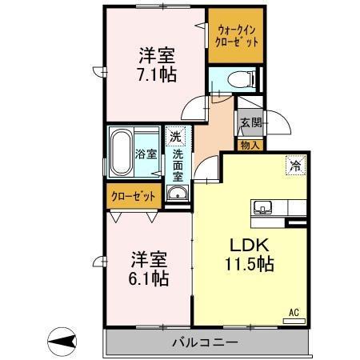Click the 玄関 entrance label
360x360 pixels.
(250, 123)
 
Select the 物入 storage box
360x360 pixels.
(250, 145)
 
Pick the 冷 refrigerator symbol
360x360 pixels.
(295, 166)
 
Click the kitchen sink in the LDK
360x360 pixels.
(262, 208)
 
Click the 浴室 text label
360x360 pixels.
(147, 153)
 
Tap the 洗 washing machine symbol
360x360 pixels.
(175, 136)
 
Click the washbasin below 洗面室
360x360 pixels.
(176, 194)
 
